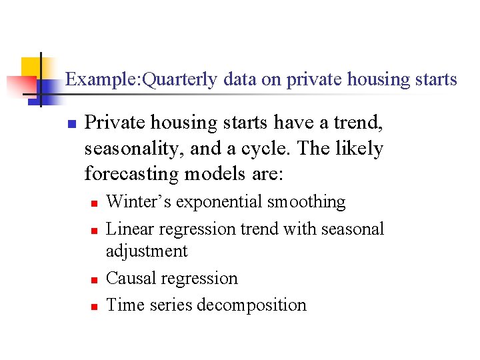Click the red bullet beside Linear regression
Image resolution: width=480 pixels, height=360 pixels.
click(95, 230)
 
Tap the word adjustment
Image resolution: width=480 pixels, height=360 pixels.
click(147, 251)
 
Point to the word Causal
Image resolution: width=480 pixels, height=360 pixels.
click(128, 278)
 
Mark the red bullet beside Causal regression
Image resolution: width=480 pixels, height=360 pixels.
click(95, 279)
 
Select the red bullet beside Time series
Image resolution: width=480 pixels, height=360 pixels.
click(95, 307)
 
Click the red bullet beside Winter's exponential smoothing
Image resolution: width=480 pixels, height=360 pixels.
click(95, 203)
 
